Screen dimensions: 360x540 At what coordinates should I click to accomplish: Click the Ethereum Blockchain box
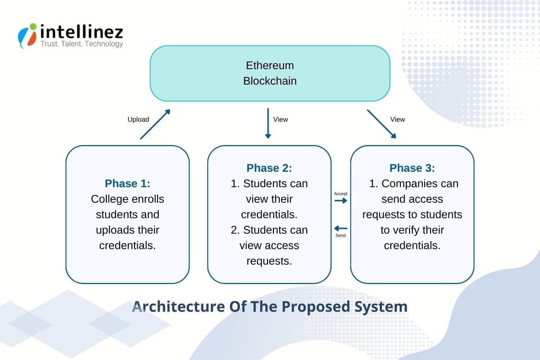[x=270, y=73]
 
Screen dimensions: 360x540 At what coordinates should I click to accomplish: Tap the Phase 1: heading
[x=127, y=184]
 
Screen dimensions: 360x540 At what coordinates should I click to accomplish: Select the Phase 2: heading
[x=269, y=168]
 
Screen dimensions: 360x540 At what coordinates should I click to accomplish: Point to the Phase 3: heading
[x=412, y=168]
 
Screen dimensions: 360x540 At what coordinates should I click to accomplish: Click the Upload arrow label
[x=138, y=120]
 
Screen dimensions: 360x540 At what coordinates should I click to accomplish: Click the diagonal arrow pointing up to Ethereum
[x=155, y=125]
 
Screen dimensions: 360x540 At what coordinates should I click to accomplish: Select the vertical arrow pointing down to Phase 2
[x=268, y=123]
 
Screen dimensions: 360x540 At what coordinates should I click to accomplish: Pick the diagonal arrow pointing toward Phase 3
[x=382, y=124]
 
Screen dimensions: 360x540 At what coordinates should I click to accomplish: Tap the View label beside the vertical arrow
[x=280, y=120]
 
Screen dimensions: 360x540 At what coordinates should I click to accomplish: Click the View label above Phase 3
[x=397, y=120]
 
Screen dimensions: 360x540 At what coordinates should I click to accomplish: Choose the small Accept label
[x=341, y=194]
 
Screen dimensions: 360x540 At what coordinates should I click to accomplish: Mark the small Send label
[x=341, y=235]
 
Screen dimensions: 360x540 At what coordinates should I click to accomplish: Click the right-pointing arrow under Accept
[x=341, y=201]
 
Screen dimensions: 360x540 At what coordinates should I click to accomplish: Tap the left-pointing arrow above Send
[x=341, y=229]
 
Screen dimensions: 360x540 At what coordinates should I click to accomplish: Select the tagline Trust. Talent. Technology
[x=82, y=44]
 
